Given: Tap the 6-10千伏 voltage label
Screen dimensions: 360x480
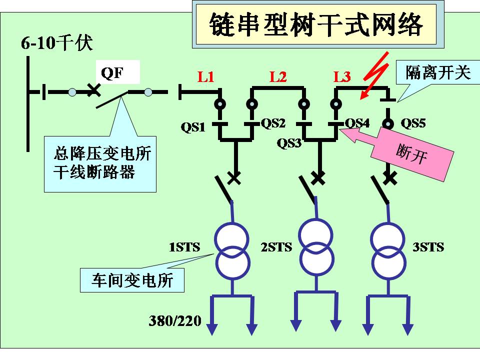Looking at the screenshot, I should coord(57,43).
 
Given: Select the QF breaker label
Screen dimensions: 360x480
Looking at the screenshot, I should coord(112,73).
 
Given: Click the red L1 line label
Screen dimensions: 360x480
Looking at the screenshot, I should coord(205,77).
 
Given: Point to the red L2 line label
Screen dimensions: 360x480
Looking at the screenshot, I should coord(278,77).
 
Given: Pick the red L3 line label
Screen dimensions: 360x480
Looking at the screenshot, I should coord(342,77).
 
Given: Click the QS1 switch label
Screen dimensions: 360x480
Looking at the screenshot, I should coord(193,127).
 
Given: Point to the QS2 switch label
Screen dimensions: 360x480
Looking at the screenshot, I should coord(273,123).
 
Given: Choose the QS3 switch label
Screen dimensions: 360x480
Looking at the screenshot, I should coord(289,143).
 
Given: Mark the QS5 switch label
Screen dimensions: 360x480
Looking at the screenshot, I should coord(413,123).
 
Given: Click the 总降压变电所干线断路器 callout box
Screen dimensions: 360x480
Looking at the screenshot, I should coord(100,163).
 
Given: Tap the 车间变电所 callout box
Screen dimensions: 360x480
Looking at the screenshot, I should coord(132,280).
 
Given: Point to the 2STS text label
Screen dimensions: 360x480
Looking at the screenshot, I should coord(276,247).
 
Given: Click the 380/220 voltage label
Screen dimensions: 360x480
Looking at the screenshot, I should coord(175,320).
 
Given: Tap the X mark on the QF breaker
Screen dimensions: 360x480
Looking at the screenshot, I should coord(93,90).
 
